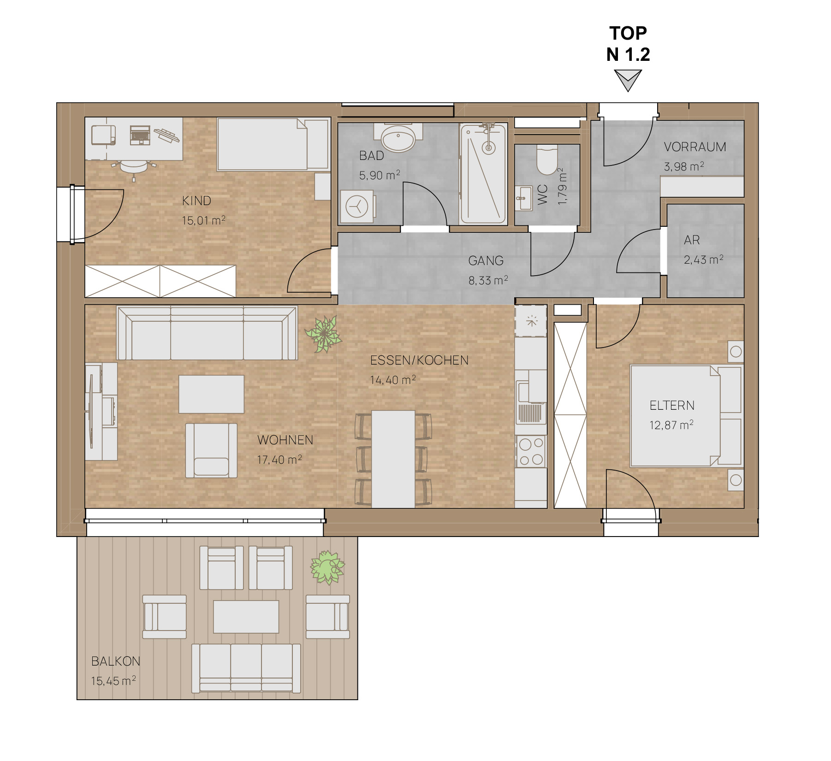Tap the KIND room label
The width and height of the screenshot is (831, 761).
tap(196, 201)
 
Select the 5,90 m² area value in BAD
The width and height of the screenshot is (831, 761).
tap(380, 175)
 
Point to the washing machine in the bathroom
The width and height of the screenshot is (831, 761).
tap(358, 206)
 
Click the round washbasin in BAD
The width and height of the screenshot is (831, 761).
tap(398, 137)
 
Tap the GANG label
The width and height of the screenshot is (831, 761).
tap(486, 261)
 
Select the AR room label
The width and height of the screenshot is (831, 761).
tap(692, 240)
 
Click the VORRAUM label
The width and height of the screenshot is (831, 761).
tap(695, 147)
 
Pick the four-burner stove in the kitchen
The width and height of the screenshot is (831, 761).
tap(531, 451)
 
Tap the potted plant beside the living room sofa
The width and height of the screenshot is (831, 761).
tap(324, 334)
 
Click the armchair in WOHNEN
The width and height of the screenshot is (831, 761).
tap(211, 451)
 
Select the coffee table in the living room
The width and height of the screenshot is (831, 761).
tap(211, 394)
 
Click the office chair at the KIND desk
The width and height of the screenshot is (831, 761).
tap(134, 167)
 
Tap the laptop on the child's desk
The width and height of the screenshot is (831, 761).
tap(140, 135)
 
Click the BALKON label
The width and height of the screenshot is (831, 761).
tap(116, 661)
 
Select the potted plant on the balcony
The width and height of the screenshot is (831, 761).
tap(327, 567)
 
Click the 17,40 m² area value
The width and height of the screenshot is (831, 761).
tap(279, 460)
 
